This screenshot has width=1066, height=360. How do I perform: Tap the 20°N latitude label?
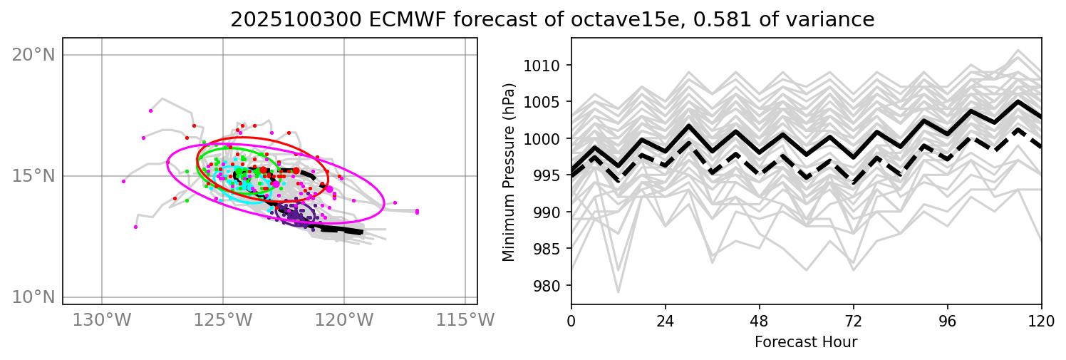(x=33, y=55)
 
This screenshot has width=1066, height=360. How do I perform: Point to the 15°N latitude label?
(x=33, y=176)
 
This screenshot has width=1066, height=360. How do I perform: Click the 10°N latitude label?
(x=33, y=297)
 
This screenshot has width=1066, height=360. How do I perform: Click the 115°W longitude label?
(x=465, y=321)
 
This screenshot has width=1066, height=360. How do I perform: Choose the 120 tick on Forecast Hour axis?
(x=1041, y=319)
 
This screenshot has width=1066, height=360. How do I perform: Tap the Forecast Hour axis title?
(x=806, y=342)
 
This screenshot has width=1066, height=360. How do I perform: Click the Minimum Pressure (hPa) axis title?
(x=509, y=171)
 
